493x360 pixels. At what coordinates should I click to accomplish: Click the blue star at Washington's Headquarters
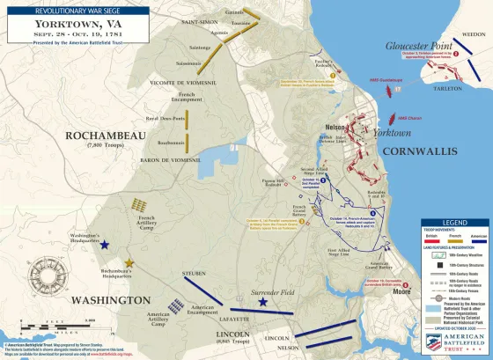click(x=106, y=245)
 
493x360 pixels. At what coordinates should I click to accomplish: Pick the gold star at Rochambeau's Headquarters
click(x=129, y=262)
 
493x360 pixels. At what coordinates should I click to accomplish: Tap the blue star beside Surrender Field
click(x=263, y=302)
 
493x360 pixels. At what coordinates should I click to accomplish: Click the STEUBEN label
click(x=194, y=274)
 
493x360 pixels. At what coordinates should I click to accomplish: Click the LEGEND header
click(x=455, y=223)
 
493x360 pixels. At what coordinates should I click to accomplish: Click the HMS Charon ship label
click(x=409, y=118)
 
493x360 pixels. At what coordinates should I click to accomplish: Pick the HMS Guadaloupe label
click(x=386, y=80)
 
